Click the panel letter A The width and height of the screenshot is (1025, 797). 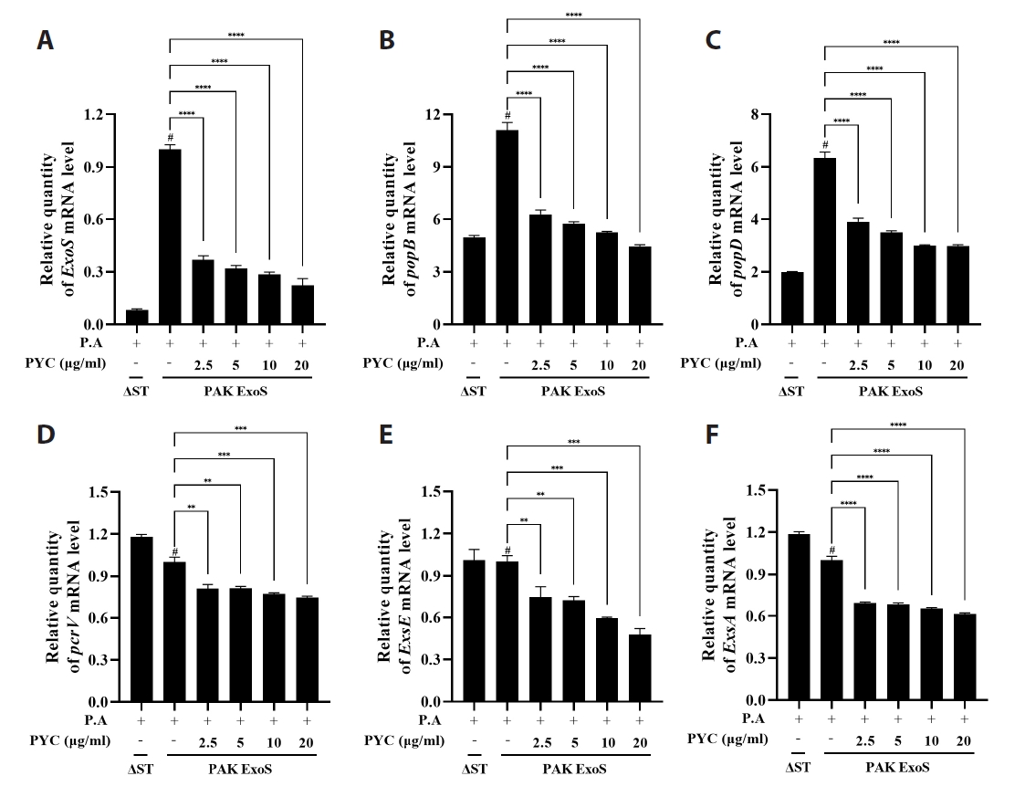coord(45,40)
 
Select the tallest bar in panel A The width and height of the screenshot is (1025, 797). coord(169,236)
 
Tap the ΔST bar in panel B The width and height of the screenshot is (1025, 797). coord(473,280)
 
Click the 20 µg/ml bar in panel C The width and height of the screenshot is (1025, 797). coord(957,285)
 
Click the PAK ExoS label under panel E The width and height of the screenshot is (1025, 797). coord(573,771)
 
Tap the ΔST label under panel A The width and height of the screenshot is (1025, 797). coord(137,391)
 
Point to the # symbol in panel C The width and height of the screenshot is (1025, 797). coord(824,145)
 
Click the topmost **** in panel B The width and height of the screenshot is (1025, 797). coord(574,15)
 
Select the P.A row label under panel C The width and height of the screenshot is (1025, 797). coord(748,343)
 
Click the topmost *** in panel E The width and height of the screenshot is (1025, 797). coord(574,442)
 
